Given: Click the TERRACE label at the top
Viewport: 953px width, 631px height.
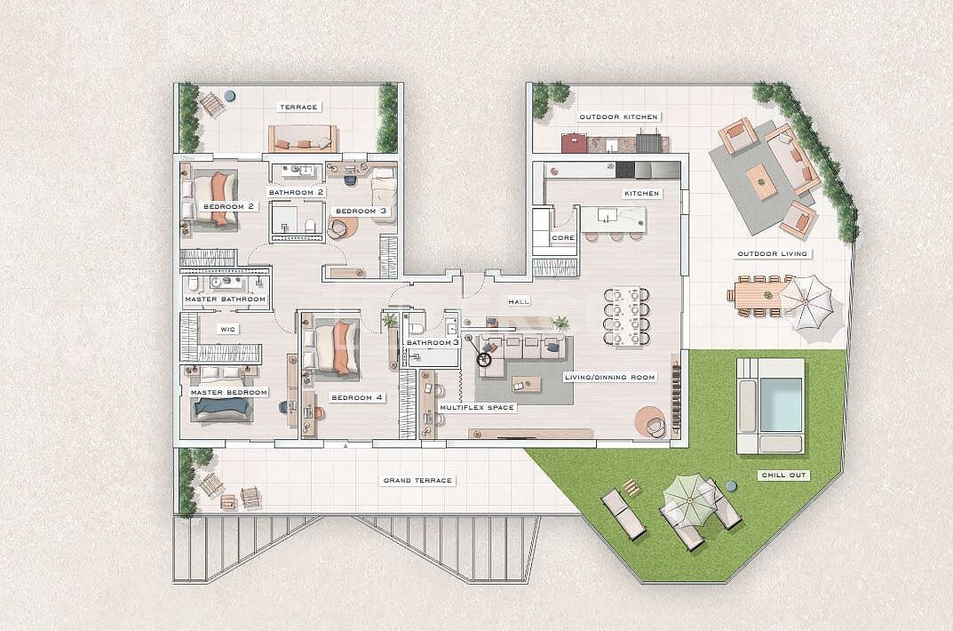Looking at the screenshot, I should click(298, 108).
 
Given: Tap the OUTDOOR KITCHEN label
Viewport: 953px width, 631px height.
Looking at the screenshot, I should click(618, 117).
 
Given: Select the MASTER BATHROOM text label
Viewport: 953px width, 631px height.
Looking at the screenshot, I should click(226, 300).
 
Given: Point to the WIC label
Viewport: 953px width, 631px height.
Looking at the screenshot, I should click(227, 328).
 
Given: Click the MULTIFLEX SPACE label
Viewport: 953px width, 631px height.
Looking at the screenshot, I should click(477, 408).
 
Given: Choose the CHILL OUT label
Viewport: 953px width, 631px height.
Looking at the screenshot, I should click(784, 475).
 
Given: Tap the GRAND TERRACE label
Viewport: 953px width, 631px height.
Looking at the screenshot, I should click(417, 481).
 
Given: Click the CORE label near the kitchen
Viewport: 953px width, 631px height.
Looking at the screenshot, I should click(563, 238).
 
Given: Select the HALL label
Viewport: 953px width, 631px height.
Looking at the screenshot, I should click(519, 302).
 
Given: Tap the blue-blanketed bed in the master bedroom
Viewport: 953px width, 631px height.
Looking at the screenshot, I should click(222, 408).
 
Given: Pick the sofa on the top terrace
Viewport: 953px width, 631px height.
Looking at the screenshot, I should click(303, 139).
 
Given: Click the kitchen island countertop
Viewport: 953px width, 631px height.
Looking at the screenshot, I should click(612, 219).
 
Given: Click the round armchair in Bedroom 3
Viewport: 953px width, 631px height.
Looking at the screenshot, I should click(341, 228).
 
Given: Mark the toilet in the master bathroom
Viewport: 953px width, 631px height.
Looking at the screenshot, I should click(193, 284).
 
